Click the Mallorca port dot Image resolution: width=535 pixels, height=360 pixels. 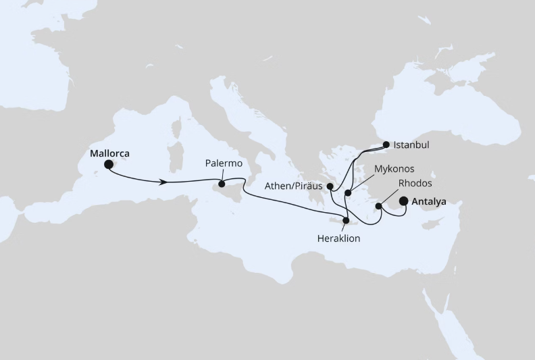click(x=108, y=163)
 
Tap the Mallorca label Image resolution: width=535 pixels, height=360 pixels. click(x=109, y=153)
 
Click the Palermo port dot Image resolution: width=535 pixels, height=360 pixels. click(x=222, y=183)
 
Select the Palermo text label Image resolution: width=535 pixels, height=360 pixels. click(x=224, y=164)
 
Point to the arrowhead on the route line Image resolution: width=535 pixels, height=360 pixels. click(x=163, y=182)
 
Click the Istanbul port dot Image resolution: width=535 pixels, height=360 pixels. click(x=386, y=144)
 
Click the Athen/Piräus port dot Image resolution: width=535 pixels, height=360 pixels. click(x=330, y=186)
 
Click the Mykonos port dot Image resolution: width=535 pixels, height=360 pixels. click(x=348, y=193)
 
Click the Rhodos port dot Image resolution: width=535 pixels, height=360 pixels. click(x=379, y=206)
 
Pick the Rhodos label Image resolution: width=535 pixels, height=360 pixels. click(x=415, y=183)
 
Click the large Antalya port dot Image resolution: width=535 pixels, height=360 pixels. click(x=404, y=201)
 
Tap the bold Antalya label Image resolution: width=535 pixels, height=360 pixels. click(x=433, y=201)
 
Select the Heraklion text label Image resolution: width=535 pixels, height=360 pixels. click(x=338, y=238)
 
